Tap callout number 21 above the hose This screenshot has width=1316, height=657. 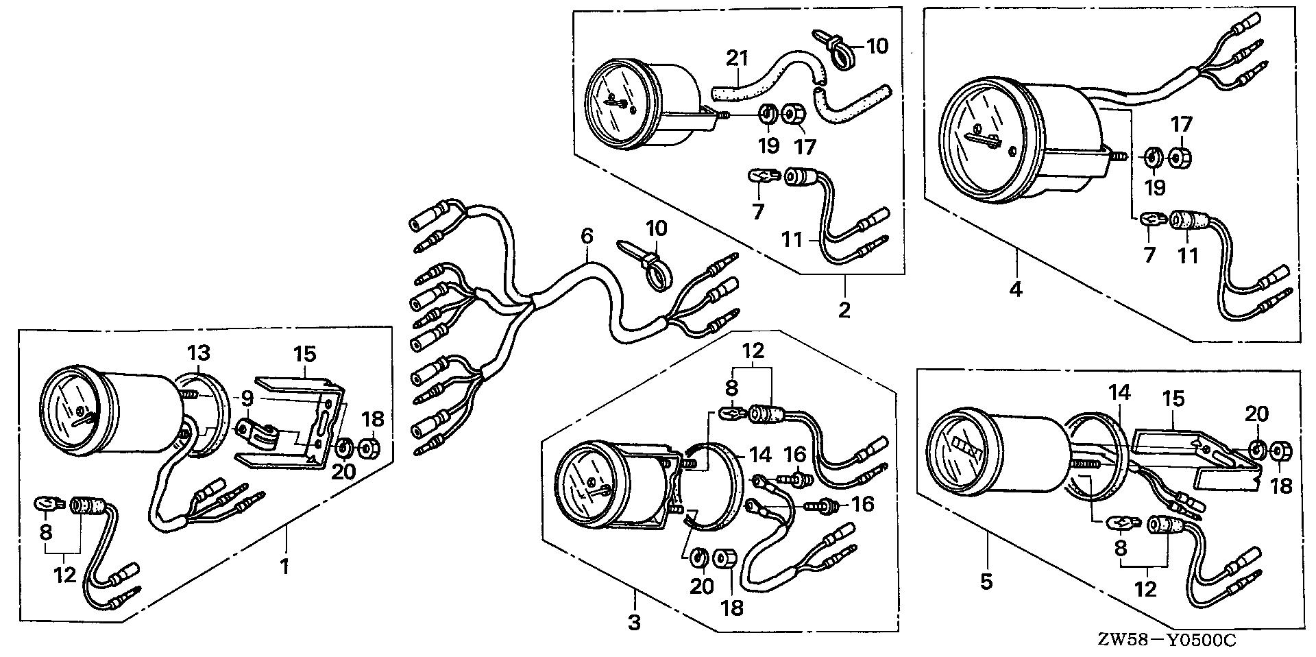click(x=737, y=59)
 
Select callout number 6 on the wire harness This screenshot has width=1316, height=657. click(x=587, y=237)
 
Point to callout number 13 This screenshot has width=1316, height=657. click(x=199, y=354)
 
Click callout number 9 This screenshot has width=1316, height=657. click(x=247, y=397)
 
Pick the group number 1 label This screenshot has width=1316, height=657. click(x=284, y=566)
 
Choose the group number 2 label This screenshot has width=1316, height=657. click(x=844, y=309)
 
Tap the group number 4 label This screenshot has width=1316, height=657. click(x=1016, y=289)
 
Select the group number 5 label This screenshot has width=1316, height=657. click(x=986, y=582)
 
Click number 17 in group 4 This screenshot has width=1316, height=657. click(x=1181, y=125)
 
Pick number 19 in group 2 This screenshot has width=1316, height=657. click(x=768, y=145)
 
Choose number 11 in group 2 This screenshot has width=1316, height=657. click(x=792, y=240)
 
